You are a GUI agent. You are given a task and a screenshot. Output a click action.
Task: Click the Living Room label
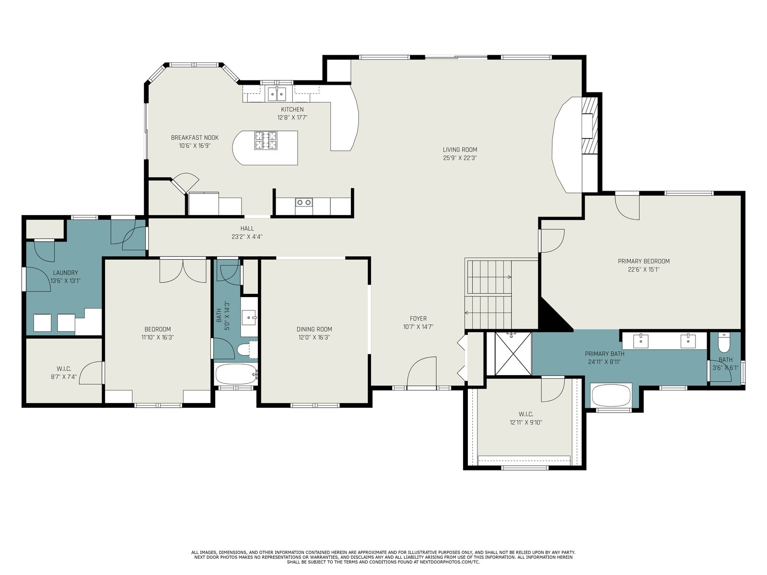click(x=460, y=150)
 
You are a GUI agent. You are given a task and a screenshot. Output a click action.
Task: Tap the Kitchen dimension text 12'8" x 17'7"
click(x=292, y=118)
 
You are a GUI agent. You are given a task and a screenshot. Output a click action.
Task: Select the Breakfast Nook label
click(x=195, y=138)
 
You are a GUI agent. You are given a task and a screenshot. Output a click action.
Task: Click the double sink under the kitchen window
click(x=277, y=94)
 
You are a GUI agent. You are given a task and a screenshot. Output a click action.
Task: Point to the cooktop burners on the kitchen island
click(x=266, y=140)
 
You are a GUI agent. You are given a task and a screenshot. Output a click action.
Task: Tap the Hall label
click(x=247, y=229)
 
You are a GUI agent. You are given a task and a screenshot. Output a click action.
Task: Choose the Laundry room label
click(x=65, y=273)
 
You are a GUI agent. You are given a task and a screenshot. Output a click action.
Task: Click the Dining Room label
click(x=314, y=329)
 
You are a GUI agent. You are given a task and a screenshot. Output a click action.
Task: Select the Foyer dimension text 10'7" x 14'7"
click(x=418, y=327)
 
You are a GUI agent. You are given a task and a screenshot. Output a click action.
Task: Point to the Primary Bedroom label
click(x=644, y=261)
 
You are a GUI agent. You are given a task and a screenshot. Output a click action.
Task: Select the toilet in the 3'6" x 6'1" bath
click(x=723, y=343)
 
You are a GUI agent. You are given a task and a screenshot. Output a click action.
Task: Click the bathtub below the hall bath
click(x=236, y=374)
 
